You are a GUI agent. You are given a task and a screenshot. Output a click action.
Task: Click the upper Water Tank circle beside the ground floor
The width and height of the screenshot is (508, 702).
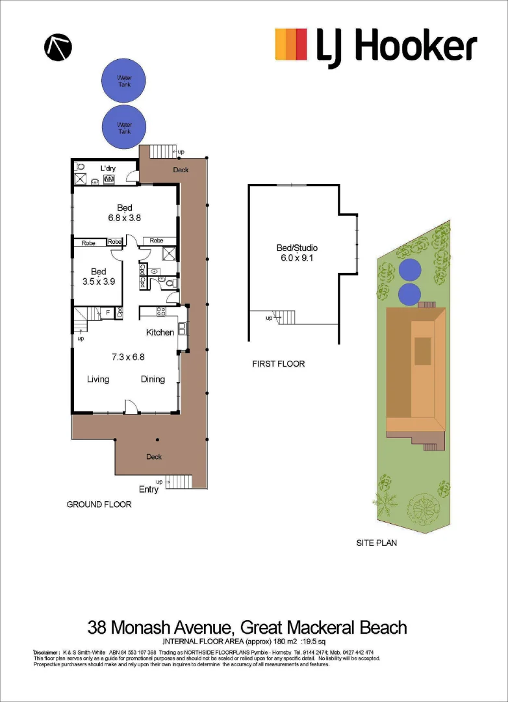click(124, 81)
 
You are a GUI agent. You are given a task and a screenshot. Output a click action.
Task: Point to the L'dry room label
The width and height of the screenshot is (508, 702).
click(107, 169)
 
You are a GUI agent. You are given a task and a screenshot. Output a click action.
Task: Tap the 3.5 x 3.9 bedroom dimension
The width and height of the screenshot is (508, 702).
click(98, 281)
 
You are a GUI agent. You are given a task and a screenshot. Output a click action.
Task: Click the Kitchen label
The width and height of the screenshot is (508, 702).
click(160, 332)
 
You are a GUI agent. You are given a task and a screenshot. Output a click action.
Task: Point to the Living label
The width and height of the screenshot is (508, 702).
click(98, 379)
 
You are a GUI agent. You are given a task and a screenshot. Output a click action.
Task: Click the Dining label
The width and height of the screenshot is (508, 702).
click(153, 379)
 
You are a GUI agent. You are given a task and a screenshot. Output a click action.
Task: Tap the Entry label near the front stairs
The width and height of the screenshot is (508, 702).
click(148, 489)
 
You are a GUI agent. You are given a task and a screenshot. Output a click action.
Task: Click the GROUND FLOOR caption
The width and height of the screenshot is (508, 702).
click(99, 504)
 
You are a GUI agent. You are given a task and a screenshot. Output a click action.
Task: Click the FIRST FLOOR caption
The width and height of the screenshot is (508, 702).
click(278, 364)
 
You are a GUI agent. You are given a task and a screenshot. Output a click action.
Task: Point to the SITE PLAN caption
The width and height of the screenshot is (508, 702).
click(376, 543)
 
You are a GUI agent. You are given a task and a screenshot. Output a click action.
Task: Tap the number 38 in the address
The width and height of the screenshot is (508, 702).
click(97, 628)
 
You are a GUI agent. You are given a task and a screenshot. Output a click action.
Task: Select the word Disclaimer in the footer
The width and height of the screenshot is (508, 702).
click(45, 652)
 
